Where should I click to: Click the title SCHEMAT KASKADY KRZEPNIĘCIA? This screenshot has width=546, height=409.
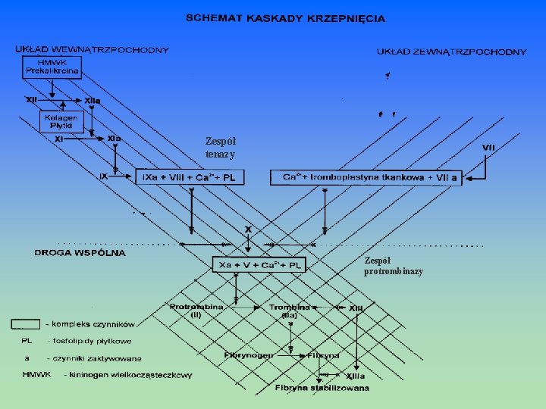285,17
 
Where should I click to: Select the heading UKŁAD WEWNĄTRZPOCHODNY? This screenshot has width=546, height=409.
92,50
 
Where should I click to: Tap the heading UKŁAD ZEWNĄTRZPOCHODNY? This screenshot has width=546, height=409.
451,52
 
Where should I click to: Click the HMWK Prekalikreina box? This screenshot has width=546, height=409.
51,67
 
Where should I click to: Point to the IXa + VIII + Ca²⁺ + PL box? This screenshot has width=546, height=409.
189,177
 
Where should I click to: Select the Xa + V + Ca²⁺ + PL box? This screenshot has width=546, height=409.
259,265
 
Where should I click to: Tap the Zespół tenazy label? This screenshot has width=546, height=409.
220,148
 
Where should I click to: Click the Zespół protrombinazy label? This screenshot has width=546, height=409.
393,265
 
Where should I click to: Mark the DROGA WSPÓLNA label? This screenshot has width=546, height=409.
80,253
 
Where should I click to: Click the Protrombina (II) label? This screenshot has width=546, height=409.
196,310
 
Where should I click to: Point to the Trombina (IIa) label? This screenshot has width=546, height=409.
290,310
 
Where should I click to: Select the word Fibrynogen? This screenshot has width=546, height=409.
248,354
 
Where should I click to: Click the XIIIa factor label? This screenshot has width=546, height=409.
354,376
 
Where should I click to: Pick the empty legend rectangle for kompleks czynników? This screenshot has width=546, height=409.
25,324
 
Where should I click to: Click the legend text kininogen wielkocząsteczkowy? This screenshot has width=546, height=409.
128,374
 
